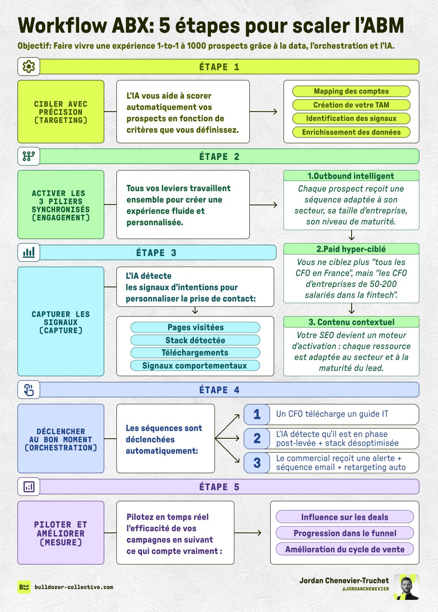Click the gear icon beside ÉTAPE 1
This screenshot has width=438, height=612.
(29, 67)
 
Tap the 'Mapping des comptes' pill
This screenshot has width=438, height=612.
(351, 91)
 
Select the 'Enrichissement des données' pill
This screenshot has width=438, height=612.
(351, 132)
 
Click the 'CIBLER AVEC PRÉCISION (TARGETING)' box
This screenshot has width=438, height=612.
(61, 112)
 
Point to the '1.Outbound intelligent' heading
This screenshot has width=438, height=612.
(351, 176)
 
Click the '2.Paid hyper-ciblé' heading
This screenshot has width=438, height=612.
(351, 249)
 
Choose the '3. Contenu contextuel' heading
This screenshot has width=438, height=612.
(351, 322)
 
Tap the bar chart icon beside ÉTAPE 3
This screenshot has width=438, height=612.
(29, 252)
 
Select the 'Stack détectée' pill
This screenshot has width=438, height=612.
(195, 340)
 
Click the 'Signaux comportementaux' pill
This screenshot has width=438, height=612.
(195, 366)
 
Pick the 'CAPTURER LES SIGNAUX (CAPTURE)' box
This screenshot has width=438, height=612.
(61, 321)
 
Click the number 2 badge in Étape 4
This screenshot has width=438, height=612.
(257, 438)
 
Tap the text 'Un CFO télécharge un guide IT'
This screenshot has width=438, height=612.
(332, 414)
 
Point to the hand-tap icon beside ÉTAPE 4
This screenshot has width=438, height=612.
(29, 390)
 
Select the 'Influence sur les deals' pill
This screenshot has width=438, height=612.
(345, 517)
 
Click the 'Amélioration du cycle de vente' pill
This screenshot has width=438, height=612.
(345, 550)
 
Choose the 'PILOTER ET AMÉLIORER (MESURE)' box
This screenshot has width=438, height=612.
(61, 533)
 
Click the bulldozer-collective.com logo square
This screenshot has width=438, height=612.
(24, 587)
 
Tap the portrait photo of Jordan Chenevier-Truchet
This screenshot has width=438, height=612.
(406, 587)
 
